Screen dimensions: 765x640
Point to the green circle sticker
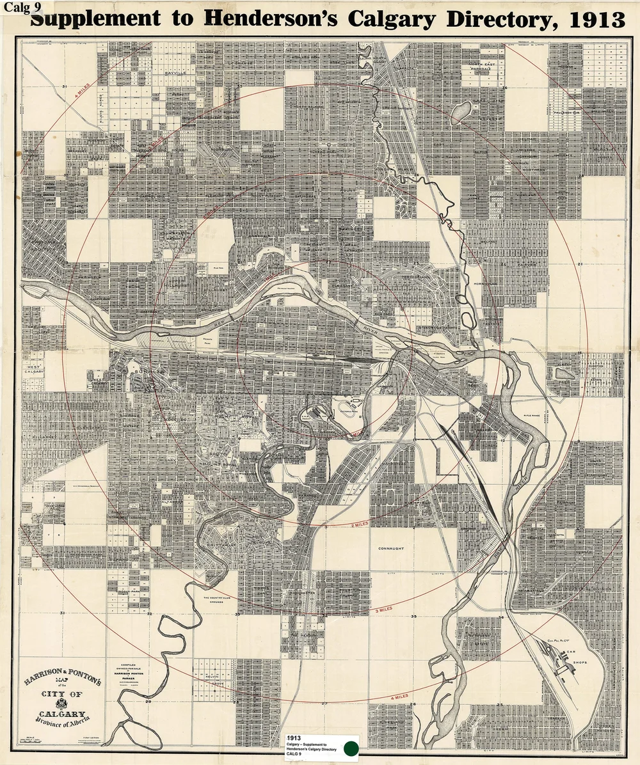tap(351, 748)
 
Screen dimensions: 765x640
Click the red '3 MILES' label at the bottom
tap(384, 610)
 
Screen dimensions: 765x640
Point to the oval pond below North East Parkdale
tap(461, 113)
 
